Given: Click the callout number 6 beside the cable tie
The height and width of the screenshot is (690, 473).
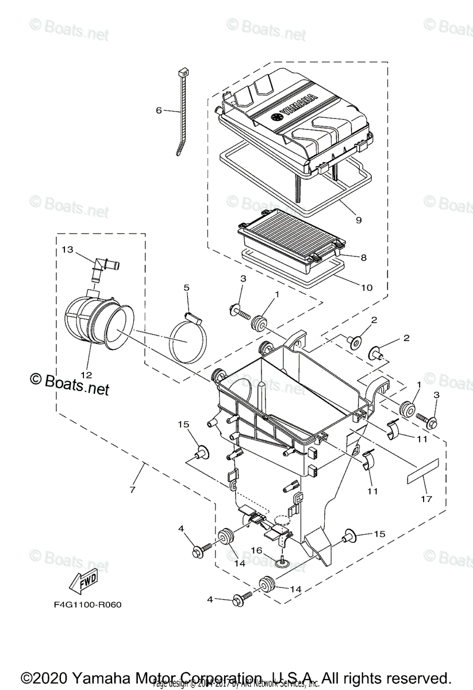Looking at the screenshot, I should point(159,110).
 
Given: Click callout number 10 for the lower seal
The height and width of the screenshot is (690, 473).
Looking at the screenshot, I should point(366,287).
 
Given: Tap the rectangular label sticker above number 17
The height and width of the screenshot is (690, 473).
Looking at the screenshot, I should point(422,470).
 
